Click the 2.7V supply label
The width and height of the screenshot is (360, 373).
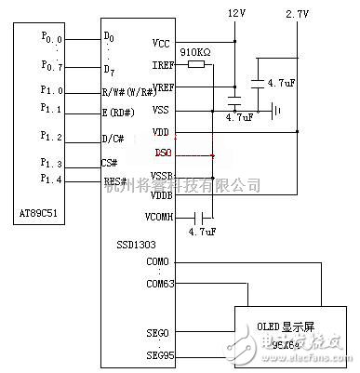point(296,14)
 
